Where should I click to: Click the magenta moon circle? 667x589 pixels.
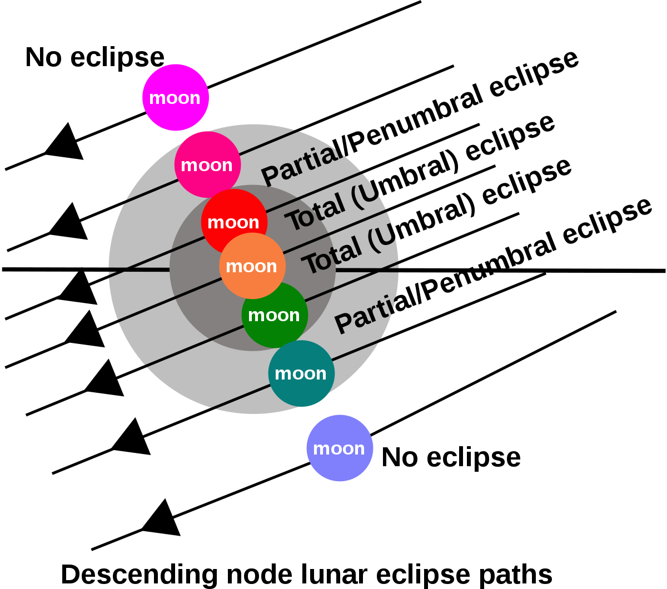click(176, 83)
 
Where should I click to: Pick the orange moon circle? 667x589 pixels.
click(253, 283)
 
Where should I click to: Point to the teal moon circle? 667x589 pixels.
click(301, 389)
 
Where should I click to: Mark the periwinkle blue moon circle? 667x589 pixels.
click(340, 464)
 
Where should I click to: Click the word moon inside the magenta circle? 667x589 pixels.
click(175, 98)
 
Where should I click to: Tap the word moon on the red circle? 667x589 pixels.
click(233, 222)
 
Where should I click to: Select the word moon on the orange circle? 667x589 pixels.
click(251, 266)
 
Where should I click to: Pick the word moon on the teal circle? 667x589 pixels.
click(300, 373)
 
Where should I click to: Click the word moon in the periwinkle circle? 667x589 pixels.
click(339, 448)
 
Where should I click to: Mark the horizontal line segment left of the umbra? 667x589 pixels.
click(139, 269)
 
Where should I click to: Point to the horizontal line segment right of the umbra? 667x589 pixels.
click(367, 270)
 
